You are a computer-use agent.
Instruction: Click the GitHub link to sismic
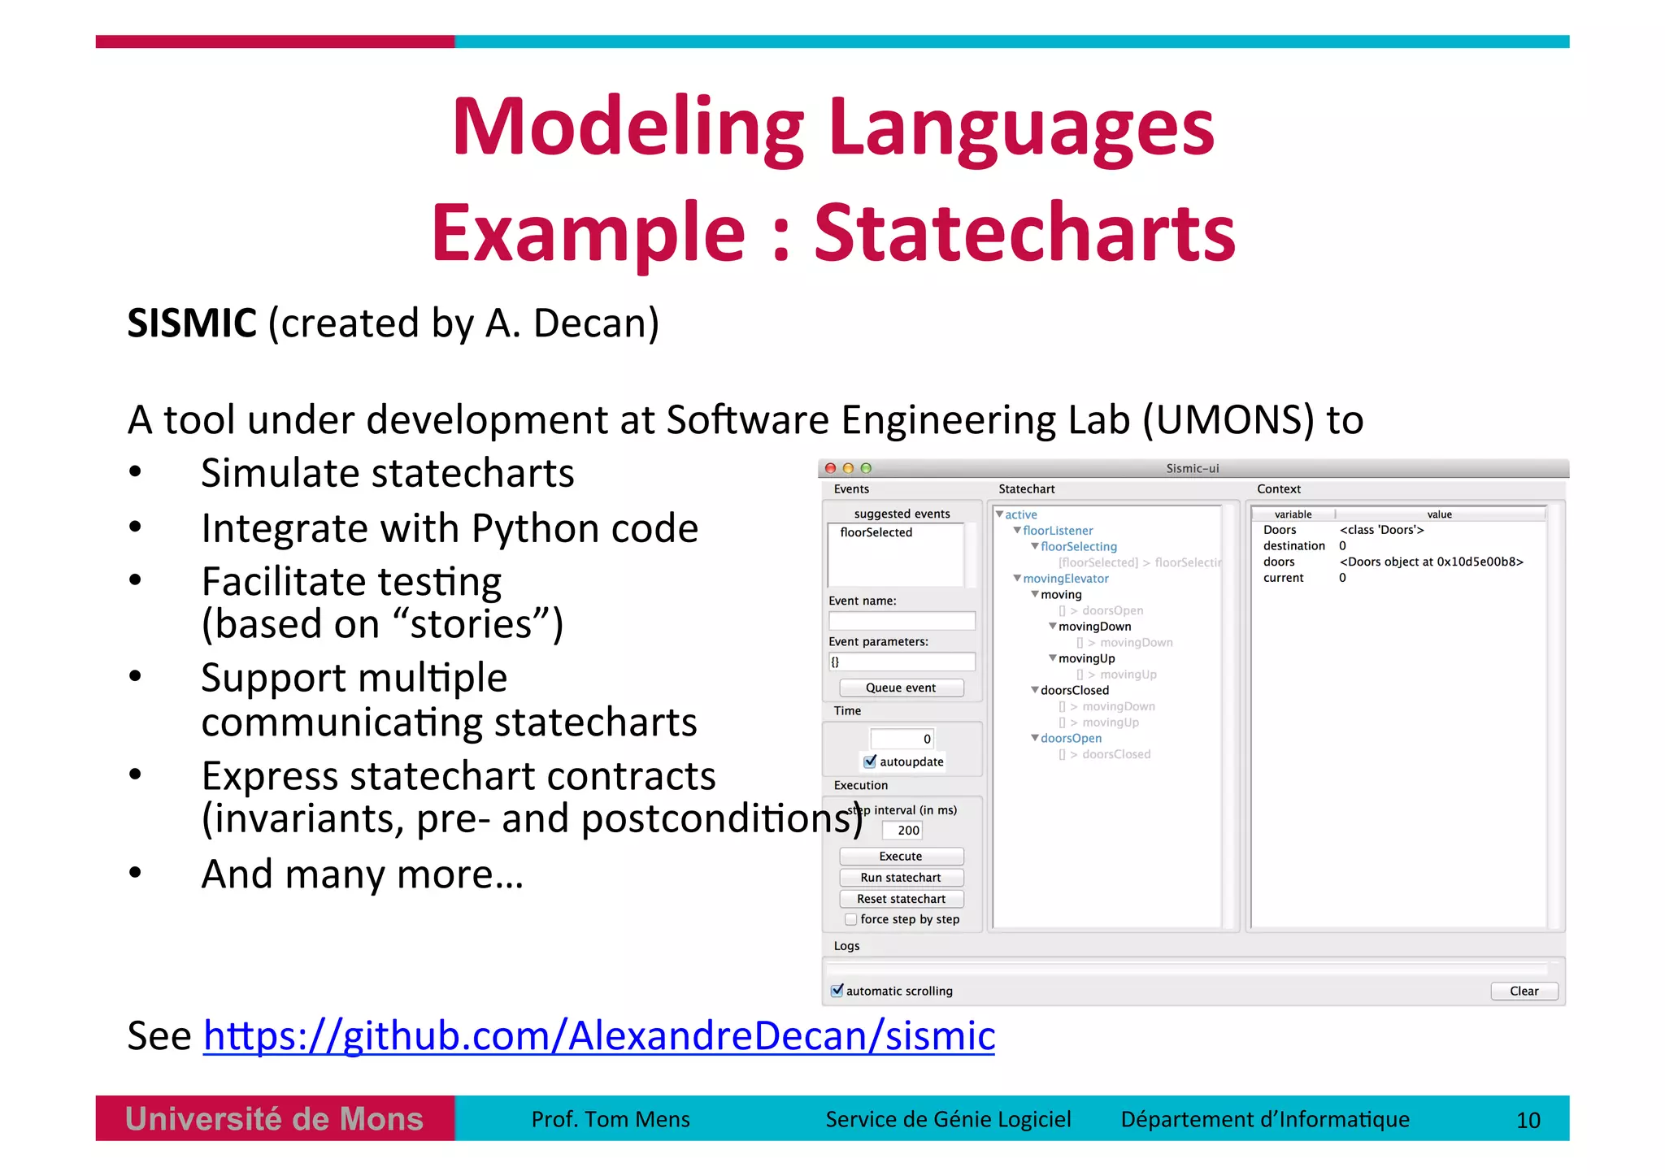click(599, 1036)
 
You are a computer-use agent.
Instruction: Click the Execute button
click(901, 857)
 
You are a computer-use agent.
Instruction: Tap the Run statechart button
click(901, 878)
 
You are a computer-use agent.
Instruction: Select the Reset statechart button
click(901, 899)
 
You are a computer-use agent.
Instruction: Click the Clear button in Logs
click(1524, 992)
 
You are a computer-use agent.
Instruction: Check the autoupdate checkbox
click(871, 762)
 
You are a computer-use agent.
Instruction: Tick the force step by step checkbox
click(851, 919)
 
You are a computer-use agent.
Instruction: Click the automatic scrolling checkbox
click(837, 991)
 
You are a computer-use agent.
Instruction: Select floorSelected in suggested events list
click(876, 532)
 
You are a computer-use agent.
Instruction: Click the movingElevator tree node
click(1065, 579)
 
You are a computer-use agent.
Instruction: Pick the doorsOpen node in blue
click(1071, 739)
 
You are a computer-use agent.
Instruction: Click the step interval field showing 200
click(902, 831)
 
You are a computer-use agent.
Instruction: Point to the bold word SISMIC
click(192, 323)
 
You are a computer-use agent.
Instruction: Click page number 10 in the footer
click(1528, 1121)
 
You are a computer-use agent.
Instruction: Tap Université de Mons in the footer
click(275, 1120)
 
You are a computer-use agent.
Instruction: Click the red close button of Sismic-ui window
click(830, 468)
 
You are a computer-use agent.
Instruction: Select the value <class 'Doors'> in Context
click(1381, 530)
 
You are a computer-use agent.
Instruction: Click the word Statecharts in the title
click(1024, 234)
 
